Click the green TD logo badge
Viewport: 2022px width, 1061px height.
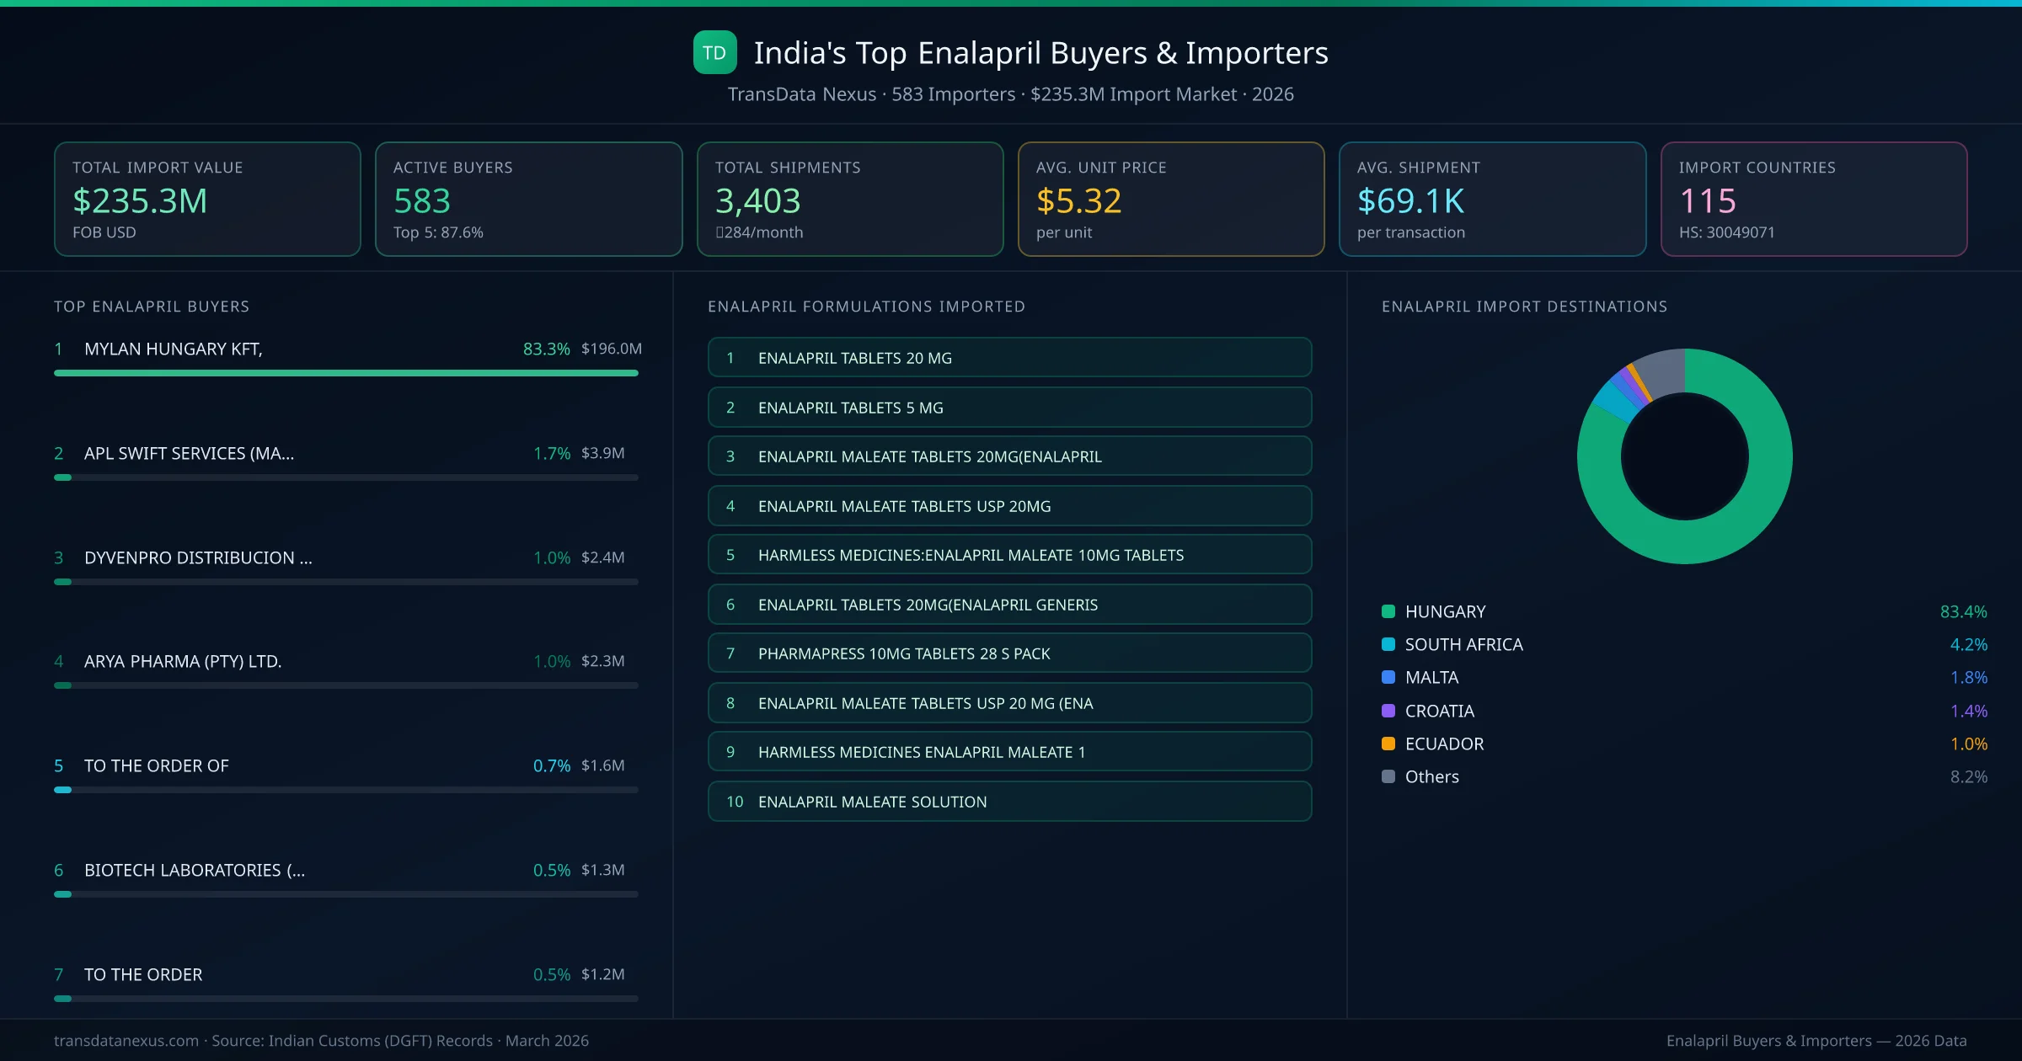click(714, 52)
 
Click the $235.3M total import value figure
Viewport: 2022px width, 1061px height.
click(140, 200)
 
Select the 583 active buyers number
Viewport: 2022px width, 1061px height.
click(422, 200)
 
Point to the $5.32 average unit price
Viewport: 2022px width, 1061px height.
click(1078, 200)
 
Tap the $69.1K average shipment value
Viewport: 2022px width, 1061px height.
click(1410, 200)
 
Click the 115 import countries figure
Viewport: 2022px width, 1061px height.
click(1707, 200)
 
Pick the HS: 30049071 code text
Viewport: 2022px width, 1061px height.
click(1726, 232)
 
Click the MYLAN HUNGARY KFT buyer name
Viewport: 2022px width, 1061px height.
click(174, 349)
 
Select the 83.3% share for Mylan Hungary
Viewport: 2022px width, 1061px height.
click(546, 349)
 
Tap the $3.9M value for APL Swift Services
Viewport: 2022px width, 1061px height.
click(602, 453)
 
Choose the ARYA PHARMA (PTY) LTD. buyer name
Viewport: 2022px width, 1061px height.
click(183, 661)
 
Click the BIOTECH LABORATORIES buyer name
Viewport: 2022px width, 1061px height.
click(195, 870)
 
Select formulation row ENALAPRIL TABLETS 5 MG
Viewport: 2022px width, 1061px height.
click(1009, 408)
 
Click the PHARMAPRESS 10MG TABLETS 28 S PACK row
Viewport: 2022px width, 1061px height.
click(1009, 653)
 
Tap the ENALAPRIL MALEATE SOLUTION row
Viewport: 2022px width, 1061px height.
click(1009, 802)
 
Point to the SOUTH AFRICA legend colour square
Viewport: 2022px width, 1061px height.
click(1388, 644)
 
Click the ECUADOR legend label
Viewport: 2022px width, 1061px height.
click(1444, 744)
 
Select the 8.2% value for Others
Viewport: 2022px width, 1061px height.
click(1968, 776)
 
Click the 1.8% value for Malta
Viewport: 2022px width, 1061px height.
click(1968, 677)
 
